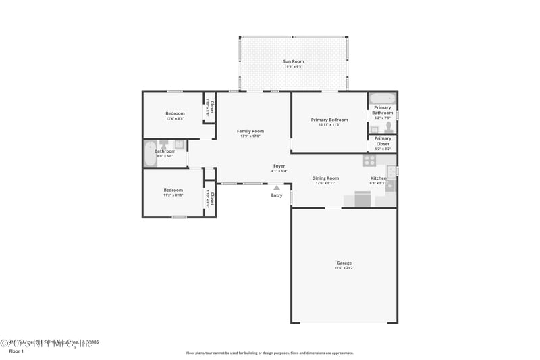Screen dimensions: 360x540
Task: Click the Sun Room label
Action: click(x=293, y=61)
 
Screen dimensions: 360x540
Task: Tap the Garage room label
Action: click(x=344, y=263)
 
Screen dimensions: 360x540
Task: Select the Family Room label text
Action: click(x=250, y=131)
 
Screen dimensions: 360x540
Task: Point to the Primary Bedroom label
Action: click(x=329, y=120)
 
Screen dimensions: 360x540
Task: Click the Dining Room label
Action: click(x=325, y=178)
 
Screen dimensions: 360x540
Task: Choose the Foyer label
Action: click(x=279, y=165)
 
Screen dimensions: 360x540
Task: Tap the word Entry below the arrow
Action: click(x=277, y=195)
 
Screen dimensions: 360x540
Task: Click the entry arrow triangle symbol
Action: click(x=276, y=188)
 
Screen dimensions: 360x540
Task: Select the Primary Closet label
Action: click(x=383, y=140)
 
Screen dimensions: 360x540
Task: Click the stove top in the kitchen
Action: click(x=370, y=161)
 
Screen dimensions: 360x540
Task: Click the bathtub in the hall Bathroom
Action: click(x=149, y=153)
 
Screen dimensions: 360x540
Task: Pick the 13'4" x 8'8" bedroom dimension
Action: click(x=175, y=119)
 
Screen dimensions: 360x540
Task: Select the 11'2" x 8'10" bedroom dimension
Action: click(x=173, y=195)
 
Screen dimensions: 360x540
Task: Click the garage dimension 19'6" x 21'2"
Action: click(x=344, y=268)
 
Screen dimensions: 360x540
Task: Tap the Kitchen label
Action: click(x=378, y=178)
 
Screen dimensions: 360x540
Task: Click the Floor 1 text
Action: click(x=16, y=351)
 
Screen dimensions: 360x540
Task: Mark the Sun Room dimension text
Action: click(x=293, y=67)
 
